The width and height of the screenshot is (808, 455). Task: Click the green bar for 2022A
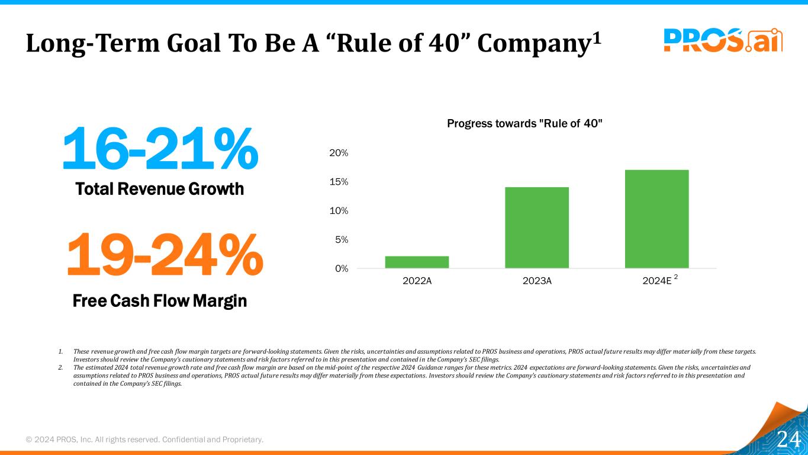[417, 262]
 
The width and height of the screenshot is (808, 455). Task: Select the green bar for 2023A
[537, 227]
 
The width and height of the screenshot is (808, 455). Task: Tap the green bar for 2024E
[657, 219]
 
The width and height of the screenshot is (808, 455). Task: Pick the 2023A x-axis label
[537, 281]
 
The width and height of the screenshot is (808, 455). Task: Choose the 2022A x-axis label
[417, 281]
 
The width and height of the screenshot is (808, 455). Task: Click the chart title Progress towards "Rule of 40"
[524, 123]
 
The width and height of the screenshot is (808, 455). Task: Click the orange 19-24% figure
[164, 255]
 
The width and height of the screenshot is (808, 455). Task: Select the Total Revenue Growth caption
[160, 189]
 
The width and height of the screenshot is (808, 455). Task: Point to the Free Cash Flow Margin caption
[160, 301]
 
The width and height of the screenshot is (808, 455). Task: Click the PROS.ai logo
[723, 40]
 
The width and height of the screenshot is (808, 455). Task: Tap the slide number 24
[788, 440]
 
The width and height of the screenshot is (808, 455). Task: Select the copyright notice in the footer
[144, 439]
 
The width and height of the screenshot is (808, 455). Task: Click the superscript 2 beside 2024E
[677, 277]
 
